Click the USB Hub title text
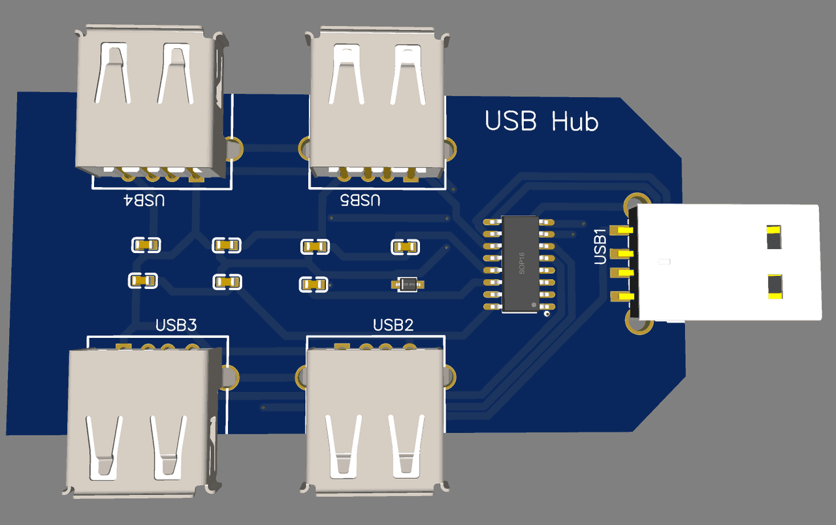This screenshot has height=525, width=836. pyautogui.click(x=541, y=121)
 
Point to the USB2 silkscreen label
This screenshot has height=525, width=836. pyautogui.click(x=393, y=325)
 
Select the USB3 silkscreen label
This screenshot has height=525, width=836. pyautogui.click(x=176, y=324)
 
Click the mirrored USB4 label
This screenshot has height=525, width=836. pyautogui.click(x=144, y=200)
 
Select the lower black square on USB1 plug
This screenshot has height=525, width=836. pyautogui.click(x=775, y=287)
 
